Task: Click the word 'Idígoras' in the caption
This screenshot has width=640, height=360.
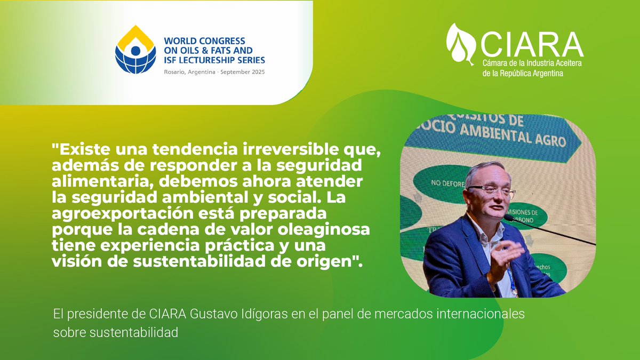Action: (259, 314)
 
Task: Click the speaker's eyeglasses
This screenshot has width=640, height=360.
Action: (490, 189)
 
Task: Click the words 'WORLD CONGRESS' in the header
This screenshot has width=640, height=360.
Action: (204, 41)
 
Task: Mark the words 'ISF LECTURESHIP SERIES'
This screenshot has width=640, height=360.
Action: (214, 60)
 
